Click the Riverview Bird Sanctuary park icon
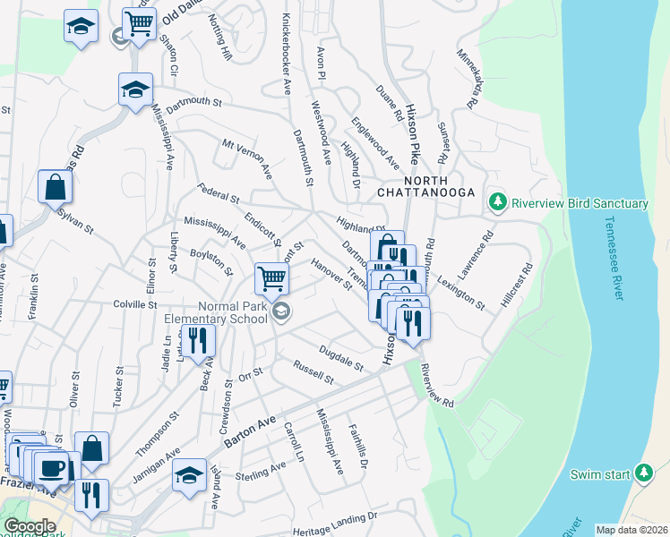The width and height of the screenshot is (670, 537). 498,203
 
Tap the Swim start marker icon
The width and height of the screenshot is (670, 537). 643,473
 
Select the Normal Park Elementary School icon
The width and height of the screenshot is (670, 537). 281,311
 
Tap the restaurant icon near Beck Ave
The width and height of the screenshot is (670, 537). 197,339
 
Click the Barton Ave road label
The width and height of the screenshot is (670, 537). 253,425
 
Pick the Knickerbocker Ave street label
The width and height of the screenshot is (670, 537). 287,55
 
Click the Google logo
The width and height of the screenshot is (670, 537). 30,526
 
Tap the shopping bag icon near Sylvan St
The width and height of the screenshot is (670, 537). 56,187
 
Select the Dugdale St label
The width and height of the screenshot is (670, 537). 341,359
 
